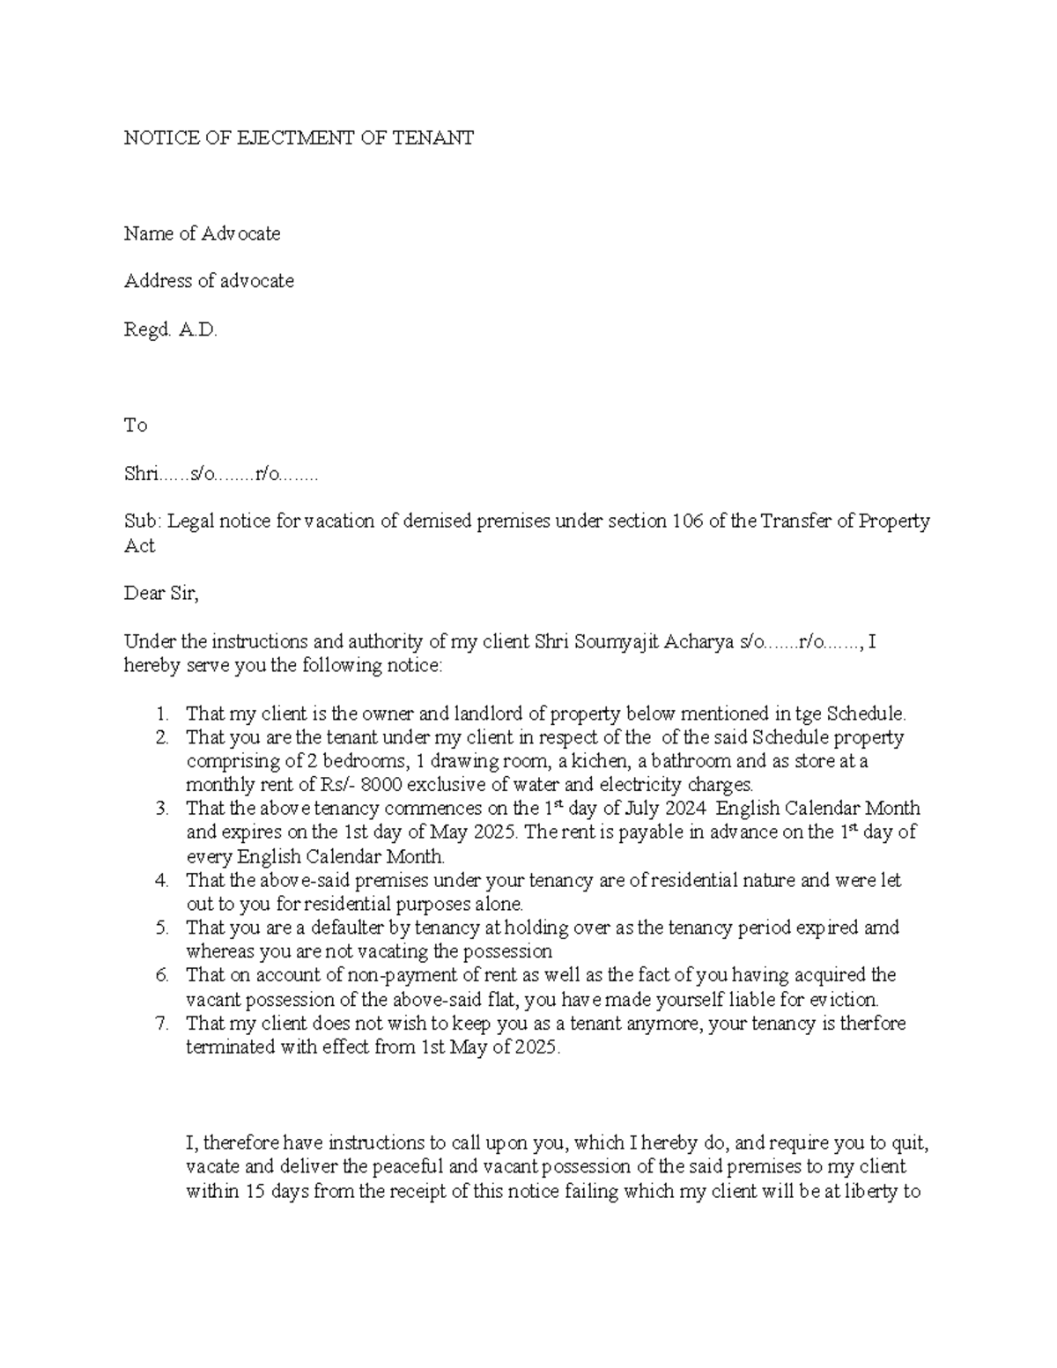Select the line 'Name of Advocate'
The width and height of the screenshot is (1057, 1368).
[x=202, y=233]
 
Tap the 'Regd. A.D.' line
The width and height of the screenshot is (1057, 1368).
[x=170, y=329]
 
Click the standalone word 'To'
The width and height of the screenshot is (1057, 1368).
[x=135, y=425]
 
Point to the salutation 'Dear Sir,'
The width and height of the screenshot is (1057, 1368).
[x=162, y=594]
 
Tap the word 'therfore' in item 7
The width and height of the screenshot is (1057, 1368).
[x=872, y=1024]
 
